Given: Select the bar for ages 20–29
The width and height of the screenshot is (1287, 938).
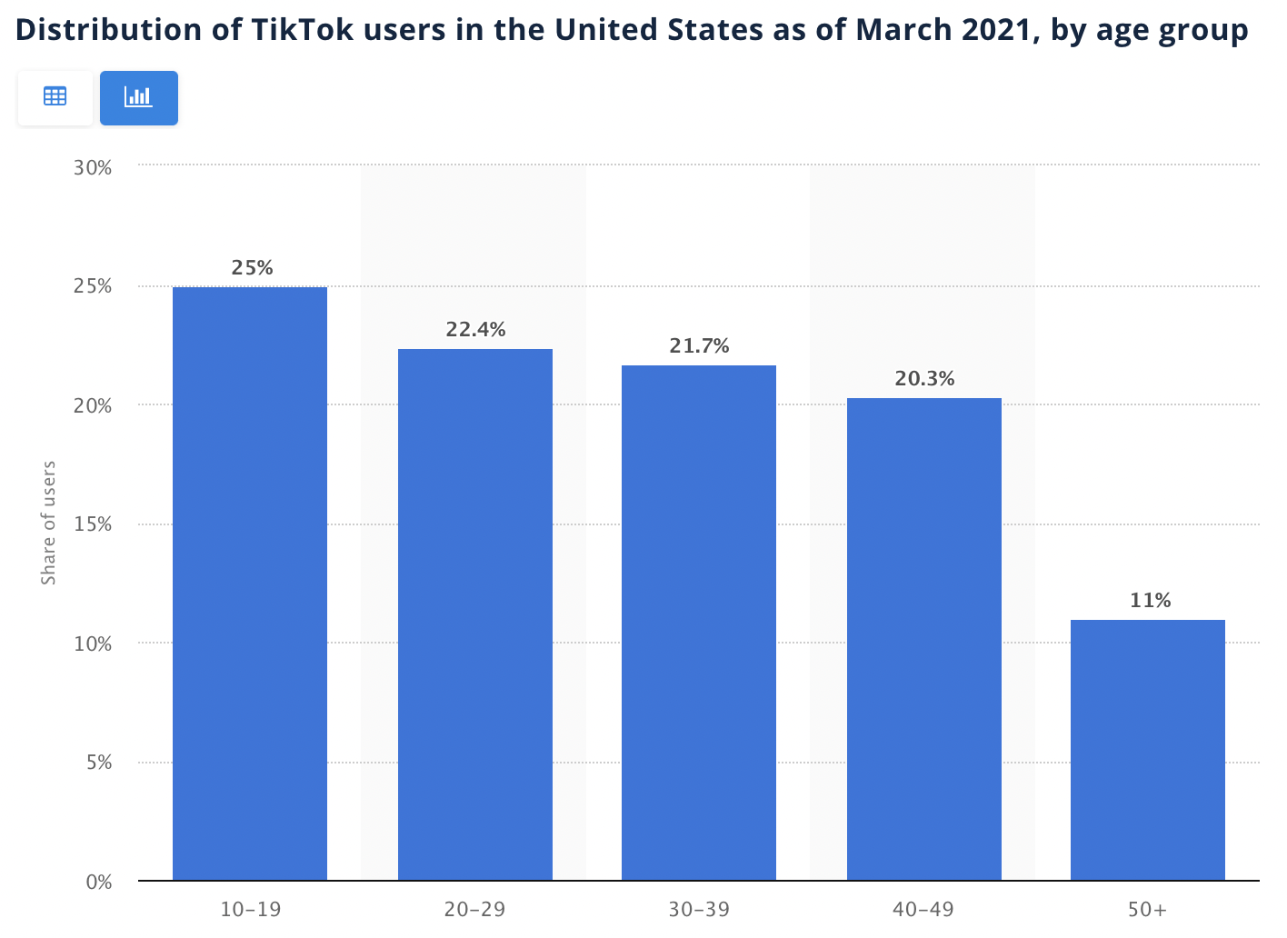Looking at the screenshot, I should (475, 614).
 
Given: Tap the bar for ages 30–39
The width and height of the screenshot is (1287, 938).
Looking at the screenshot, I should (699, 623).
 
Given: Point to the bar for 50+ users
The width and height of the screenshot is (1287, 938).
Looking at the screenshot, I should (1148, 750).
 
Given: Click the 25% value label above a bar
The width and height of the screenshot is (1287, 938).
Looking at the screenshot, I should (252, 268).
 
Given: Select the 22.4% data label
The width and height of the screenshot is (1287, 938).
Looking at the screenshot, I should (475, 330).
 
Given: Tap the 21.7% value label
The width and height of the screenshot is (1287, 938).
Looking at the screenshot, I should (700, 346).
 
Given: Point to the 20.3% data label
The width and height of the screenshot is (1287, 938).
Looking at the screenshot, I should (924, 379).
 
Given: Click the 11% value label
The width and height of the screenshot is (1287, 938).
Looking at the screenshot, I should (1150, 601).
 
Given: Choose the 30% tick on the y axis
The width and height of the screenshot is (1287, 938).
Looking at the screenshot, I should (93, 168).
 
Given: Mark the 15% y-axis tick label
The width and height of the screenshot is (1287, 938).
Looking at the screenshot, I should (93, 524).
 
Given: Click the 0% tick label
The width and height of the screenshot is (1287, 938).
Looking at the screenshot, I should (99, 882).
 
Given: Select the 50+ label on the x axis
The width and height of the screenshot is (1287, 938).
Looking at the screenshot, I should (1147, 909).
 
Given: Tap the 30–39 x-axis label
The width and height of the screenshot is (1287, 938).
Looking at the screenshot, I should (699, 909).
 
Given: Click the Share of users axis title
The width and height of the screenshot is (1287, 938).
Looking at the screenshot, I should (49, 524).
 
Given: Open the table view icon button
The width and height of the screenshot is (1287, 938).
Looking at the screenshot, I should (55, 97).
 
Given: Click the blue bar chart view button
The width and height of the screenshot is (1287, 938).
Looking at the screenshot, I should (139, 97).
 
